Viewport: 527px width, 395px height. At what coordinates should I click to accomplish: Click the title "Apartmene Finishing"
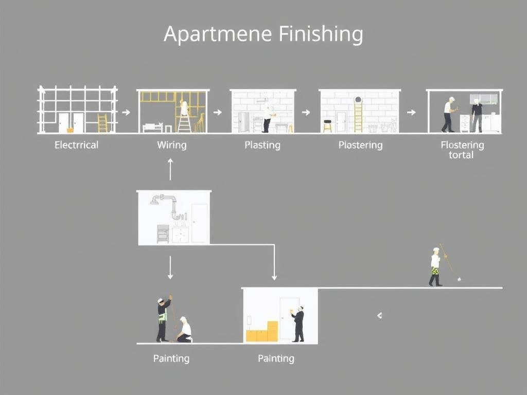pyautogui.click(x=263, y=34)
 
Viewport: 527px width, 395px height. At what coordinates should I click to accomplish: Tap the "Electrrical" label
pyautogui.click(x=76, y=145)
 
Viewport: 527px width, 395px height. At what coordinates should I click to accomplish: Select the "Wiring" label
pyautogui.click(x=171, y=145)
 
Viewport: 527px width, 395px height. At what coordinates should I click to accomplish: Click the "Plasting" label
pyautogui.click(x=262, y=145)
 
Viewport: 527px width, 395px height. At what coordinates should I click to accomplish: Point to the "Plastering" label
pyautogui.click(x=360, y=145)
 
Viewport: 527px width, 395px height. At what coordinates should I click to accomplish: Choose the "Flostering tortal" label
pyautogui.click(x=462, y=150)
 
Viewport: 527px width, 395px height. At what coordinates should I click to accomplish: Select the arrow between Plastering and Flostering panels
pyautogui.click(x=411, y=111)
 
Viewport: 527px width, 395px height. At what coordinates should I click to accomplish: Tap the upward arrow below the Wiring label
pyautogui.click(x=170, y=169)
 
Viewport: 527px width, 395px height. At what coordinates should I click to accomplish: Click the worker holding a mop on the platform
pyautogui.click(x=435, y=267)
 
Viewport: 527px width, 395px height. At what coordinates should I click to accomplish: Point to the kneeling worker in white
pyautogui.click(x=185, y=330)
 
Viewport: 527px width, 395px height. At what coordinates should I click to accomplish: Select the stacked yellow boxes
pyautogui.click(x=262, y=332)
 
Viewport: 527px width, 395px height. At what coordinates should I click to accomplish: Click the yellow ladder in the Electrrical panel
pyautogui.click(x=102, y=123)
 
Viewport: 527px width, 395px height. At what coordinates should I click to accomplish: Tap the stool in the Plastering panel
pyautogui.click(x=327, y=125)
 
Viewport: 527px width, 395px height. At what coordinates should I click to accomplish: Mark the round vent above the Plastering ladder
pyautogui.click(x=358, y=100)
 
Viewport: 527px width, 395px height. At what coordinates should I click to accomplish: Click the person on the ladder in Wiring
pyautogui.click(x=184, y=109)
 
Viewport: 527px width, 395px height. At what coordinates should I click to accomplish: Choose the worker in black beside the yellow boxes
pyautogui.click(x=298, y=325)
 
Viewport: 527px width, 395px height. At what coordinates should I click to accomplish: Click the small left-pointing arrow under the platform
pyautogui.click(x=379, y=315)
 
